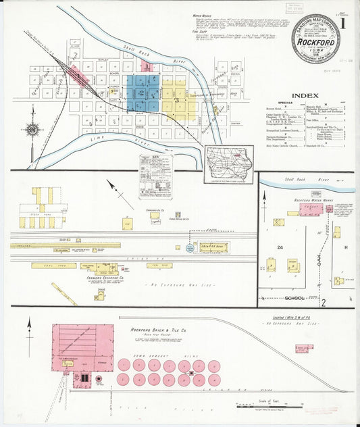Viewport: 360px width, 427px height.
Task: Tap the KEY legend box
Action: pos(155,177)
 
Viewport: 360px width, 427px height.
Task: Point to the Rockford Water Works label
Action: pos(309,201)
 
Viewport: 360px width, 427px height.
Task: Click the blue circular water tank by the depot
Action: pos(190,248)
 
